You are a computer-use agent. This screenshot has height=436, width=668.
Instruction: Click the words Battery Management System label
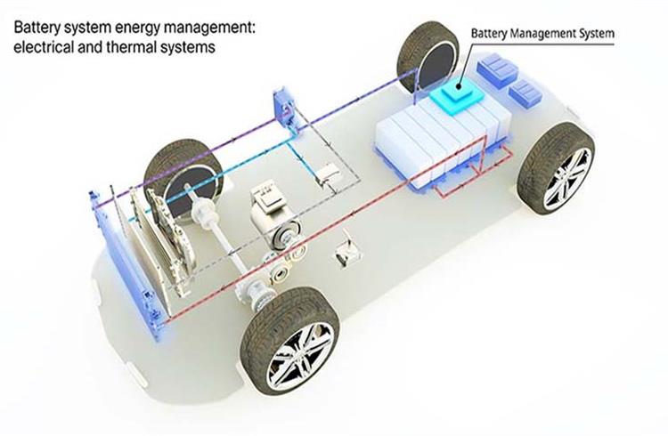pyautogui.click(x=542, y=34)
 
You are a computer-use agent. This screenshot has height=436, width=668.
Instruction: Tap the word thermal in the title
pyautogui.click(x=131, y=47)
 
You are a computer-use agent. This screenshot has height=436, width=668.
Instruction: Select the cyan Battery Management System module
pyautogui.click(x=457, y=97)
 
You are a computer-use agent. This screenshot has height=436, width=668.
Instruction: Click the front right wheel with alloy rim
pyautogui.click(x=290, y=342)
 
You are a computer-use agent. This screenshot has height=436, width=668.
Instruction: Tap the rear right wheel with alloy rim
pyautogui.click(x=557, y=168)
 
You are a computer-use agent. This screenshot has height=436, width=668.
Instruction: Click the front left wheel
pyautogui.click(x=183, y=175)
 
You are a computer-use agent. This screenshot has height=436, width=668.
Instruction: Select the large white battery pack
pyautogui.click(x=442, y=141)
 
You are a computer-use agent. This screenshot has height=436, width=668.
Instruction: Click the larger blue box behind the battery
pyautogui.click(x=497, y=70)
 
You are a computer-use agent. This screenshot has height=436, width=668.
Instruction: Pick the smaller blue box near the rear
pyautogui.click(x=525, y=93)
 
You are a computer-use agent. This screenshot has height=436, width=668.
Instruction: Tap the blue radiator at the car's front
pyautogui.click(x=127, y=264)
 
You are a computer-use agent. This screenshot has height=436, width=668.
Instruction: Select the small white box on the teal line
pyautogui.click(x=329, y=174)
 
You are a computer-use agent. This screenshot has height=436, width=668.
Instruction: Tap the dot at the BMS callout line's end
pyautogui.click(x=459, y=86)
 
